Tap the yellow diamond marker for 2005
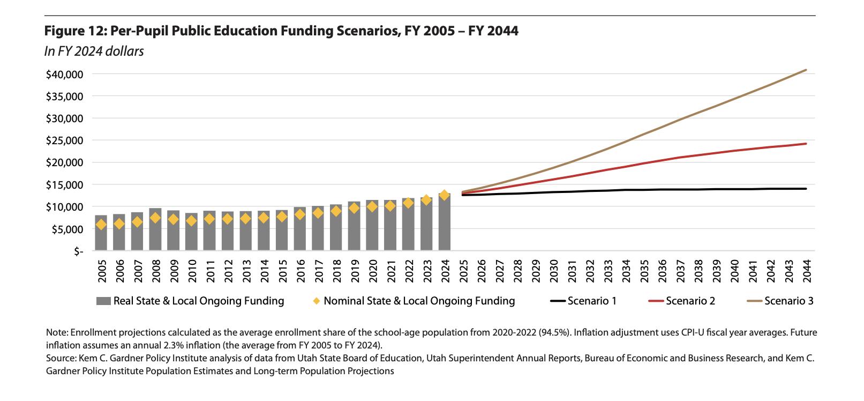(101, 225)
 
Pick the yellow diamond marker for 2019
(354, 208)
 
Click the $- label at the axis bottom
(78, 251)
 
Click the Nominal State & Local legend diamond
(317, 301)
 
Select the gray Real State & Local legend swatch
(104, 301)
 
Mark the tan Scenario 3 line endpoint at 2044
(806, 70)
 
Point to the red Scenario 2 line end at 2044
(806, 144)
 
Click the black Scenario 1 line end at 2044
(806, 189)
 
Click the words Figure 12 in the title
(75, 31)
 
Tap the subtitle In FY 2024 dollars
(94, 51)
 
